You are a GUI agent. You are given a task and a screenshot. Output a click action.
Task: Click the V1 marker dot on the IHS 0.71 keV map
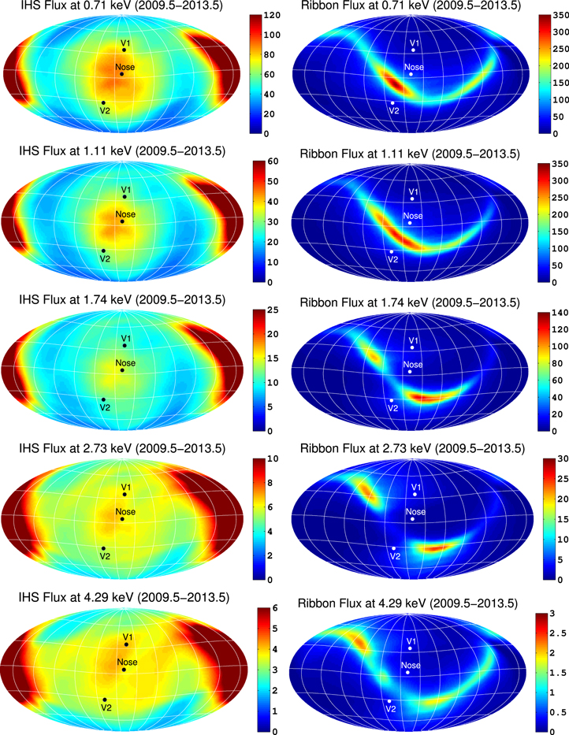click(125, 50)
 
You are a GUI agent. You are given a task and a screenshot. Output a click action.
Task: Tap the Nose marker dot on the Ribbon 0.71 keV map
click(411, 74)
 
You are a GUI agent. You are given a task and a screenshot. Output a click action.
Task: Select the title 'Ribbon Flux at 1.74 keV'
click(410, 303)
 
